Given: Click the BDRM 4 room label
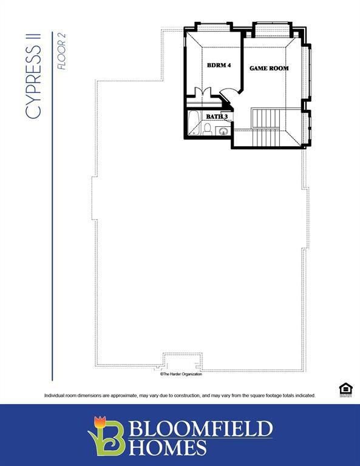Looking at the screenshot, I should pyautogui.click(x=219, y=66).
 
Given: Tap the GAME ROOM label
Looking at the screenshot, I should pyautogui.click(x=269, y=68).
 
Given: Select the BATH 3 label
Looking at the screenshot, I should pyautogui.click(x=216, y=116).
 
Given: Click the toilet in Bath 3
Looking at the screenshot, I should pyautogui.click(x=206, y=129).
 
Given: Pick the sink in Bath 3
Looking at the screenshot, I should pyautogui.click(x=223, y=129).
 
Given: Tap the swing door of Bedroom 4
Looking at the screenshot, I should pyautogui.click(x=228, y=96).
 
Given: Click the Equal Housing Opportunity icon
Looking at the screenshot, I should pyautogui.click(x=345, y=389).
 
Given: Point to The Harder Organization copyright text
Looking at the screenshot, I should pyautogui.click(x=181, y=374).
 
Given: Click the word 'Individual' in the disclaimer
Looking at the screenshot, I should pyautogui.click(x=55, y=396).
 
